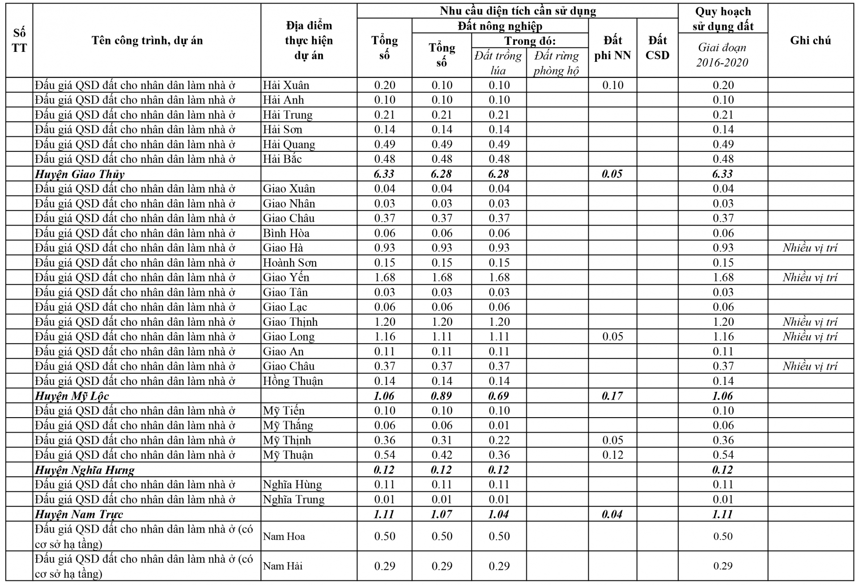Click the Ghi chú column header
810,40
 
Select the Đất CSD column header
657,47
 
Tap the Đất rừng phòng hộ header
556,63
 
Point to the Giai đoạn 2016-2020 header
722,55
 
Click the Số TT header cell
19,40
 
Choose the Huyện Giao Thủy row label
80,174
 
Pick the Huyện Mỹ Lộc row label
72,396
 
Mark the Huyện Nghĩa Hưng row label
85,470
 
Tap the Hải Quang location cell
289,144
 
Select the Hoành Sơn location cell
289,262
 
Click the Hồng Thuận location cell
293,381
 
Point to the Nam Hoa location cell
284,536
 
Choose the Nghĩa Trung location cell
293,499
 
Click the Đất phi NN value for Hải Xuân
612,85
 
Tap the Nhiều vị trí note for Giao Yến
809,277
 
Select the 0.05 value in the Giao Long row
612,337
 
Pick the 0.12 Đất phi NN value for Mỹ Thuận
612,455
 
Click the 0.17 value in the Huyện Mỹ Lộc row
612,396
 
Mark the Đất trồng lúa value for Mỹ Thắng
499,425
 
